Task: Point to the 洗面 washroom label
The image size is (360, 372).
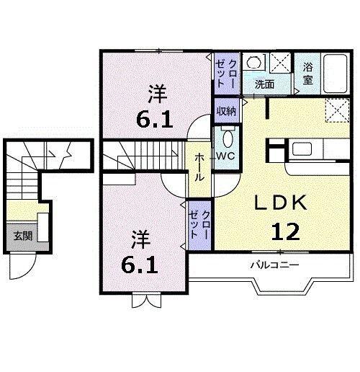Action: pos(264,84)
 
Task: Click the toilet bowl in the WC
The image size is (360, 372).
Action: pos(228,138)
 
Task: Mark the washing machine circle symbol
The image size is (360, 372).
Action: pos(251,62)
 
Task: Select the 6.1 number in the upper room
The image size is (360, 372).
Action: pos(156,118)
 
